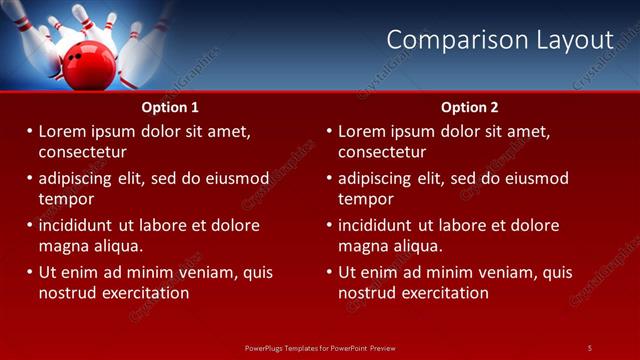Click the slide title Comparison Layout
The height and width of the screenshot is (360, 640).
(x=499, y=40)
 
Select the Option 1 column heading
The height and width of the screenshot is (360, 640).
(x=170, y=107)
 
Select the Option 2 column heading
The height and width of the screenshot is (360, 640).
(x=469, y=107)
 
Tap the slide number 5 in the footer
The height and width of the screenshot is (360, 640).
(x=589, y=347)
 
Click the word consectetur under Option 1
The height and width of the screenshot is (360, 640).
(x=82, y=152)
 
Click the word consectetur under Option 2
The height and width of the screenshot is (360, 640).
(x=382, y=152)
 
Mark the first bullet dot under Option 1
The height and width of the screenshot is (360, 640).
(x=30, y=131)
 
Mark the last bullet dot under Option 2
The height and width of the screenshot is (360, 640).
(x=330, y=272)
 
